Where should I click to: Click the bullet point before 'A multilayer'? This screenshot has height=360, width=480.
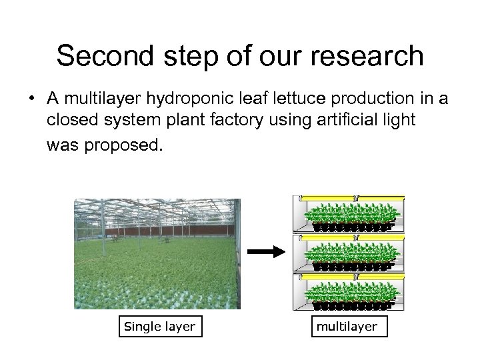click(x=33, y=100)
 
